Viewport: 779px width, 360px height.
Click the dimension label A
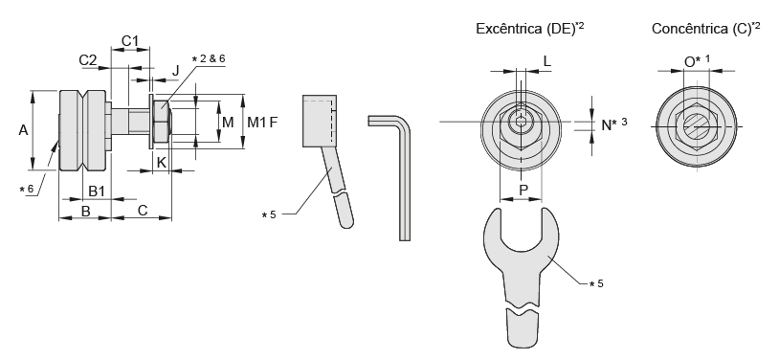[23, 130]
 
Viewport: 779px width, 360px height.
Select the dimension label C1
[130, 41]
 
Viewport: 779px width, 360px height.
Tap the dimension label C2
[88, 60]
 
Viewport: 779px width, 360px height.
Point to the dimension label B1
[97, 191]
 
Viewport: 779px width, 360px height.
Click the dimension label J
[175, 70]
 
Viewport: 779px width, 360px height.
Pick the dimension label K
[162, 162]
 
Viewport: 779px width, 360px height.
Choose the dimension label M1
[256, 122]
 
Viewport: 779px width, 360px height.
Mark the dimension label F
[274, 122]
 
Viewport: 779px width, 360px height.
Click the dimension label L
[547, 61]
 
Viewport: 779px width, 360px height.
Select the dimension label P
[523, 190]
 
